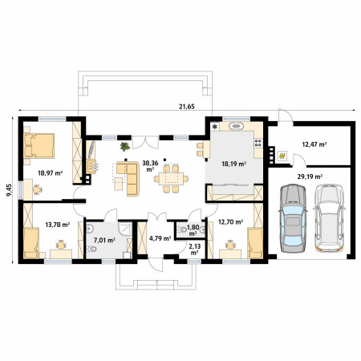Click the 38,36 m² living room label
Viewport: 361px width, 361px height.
[150, 166]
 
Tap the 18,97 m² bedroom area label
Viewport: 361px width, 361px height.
[50, 173]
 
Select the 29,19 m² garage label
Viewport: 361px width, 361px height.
[310, 176]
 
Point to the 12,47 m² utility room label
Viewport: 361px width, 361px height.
[314, 144]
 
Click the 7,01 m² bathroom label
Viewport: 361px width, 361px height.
[104, 240]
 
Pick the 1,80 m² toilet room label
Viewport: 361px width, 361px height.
[193, 230]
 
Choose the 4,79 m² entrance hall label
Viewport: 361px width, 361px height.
[160, 238]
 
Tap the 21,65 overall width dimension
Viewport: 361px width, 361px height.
[187, 107]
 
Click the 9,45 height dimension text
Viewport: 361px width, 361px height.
[9, 190]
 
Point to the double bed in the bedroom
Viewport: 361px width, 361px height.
[39, 146]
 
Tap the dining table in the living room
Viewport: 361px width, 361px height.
[171, 179]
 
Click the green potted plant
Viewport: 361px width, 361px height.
[125, 146]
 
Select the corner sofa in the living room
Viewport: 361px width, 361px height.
[128, 178]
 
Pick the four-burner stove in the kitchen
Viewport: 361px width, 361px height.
[258, 143]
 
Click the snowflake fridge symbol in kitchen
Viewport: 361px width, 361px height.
[215, 127]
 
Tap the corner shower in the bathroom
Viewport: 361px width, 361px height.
[125, 229]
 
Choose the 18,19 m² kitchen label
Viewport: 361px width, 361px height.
[234, 164]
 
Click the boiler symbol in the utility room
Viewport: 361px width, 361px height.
[282, 155]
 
